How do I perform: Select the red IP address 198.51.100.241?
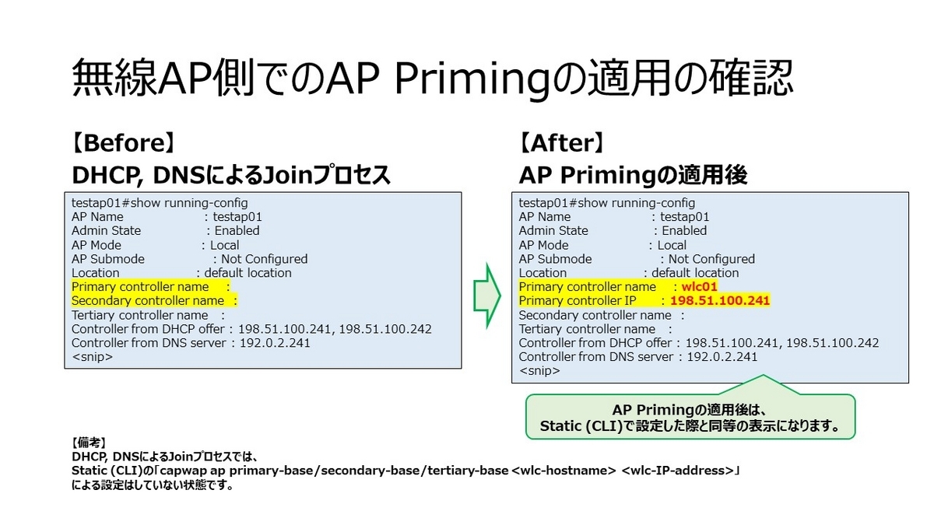719,301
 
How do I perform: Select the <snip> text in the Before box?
92,357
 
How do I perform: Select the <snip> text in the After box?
539,371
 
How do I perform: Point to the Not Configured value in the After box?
711,259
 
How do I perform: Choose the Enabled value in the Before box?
237,231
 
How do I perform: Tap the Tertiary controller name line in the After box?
587,329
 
